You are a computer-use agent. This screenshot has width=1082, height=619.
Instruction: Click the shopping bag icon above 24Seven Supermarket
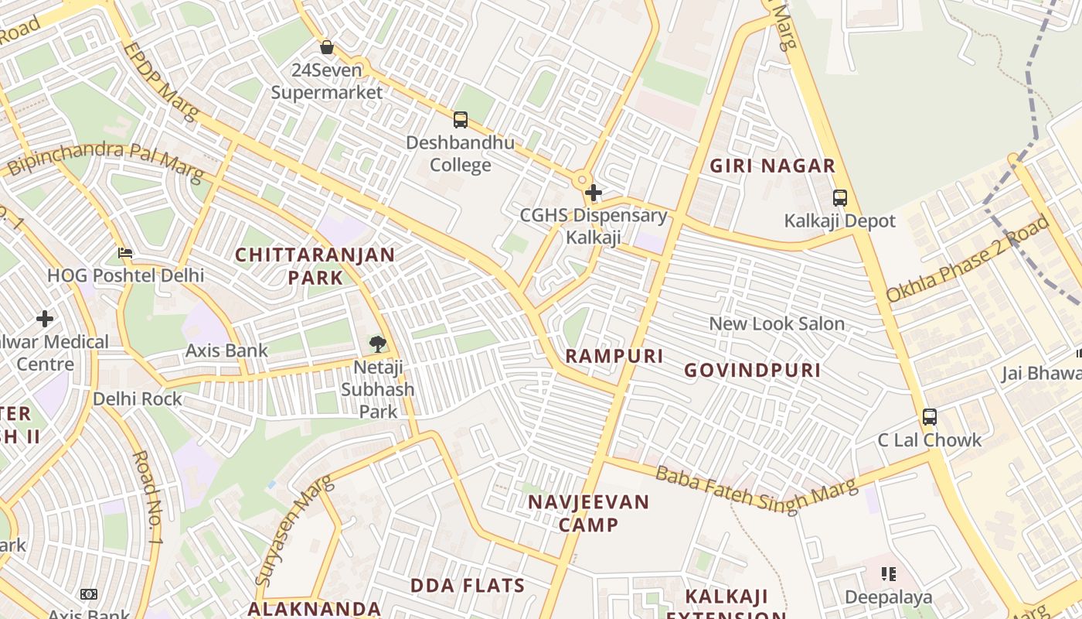(327, 47)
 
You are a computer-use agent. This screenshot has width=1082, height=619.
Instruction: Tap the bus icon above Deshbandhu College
(461, 120)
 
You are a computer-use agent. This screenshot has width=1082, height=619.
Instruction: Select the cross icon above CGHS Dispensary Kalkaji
(594, 193)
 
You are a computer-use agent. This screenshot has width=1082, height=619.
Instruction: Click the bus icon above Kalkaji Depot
(840, 197)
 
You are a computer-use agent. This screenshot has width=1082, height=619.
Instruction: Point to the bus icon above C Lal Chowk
(930, 417)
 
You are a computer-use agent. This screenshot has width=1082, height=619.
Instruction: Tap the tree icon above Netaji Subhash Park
(377, 344)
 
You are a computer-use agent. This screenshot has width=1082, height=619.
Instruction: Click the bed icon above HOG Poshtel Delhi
(125, 253)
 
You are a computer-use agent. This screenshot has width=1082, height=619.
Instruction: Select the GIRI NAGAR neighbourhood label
(773, 166)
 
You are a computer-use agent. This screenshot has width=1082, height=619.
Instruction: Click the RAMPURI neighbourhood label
(614, 356)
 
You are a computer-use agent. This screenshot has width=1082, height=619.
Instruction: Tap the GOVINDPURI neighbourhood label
(753, 370)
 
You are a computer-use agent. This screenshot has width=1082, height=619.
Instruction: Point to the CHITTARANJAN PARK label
(315, 265)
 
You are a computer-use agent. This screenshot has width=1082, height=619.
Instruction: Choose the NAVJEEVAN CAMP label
(589, 513)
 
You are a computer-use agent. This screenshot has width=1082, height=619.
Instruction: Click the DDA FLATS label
(468, 585)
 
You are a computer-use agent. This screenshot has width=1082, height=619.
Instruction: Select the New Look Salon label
(777, 323)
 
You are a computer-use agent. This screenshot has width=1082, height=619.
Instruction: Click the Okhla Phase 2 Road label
(968, 259)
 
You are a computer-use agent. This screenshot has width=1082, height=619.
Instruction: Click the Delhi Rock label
(138, 398)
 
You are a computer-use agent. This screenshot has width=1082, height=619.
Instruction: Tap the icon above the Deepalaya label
(889, 574)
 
